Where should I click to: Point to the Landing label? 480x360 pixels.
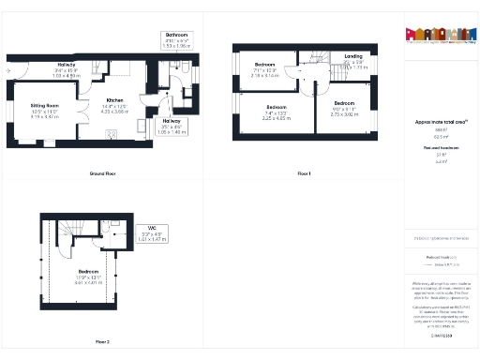(353, 56)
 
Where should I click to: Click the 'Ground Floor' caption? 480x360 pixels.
(102, 174)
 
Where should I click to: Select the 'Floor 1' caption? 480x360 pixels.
(303, 174)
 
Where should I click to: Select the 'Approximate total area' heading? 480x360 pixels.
(442, 122)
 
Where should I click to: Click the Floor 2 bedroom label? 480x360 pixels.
(86, 273)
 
